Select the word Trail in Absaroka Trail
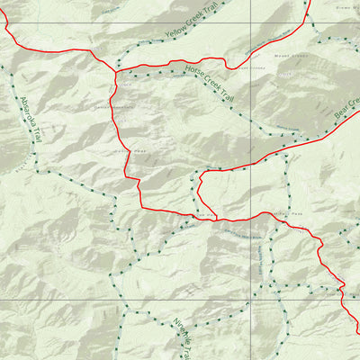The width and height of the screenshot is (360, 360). pyautogui.click(x=40, y=138)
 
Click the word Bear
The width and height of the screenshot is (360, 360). pyautogui.click(x=341, y=113)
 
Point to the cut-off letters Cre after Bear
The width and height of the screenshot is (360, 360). pyautogui.click(x=355, y=100)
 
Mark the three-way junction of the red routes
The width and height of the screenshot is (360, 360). pyautogui.click(x=116, y=72)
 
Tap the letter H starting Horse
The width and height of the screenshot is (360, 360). pyautogui.click(x=185, y=68)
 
